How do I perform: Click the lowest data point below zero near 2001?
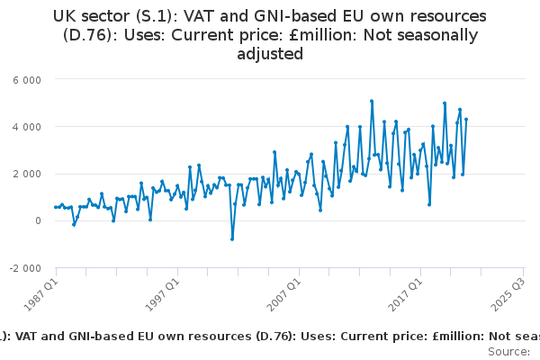pos(231,238)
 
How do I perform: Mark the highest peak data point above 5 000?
pos(372,101)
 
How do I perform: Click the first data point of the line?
pos(55,207)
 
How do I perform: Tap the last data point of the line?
pos(466,120)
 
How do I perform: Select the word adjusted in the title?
pos(269,54)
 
